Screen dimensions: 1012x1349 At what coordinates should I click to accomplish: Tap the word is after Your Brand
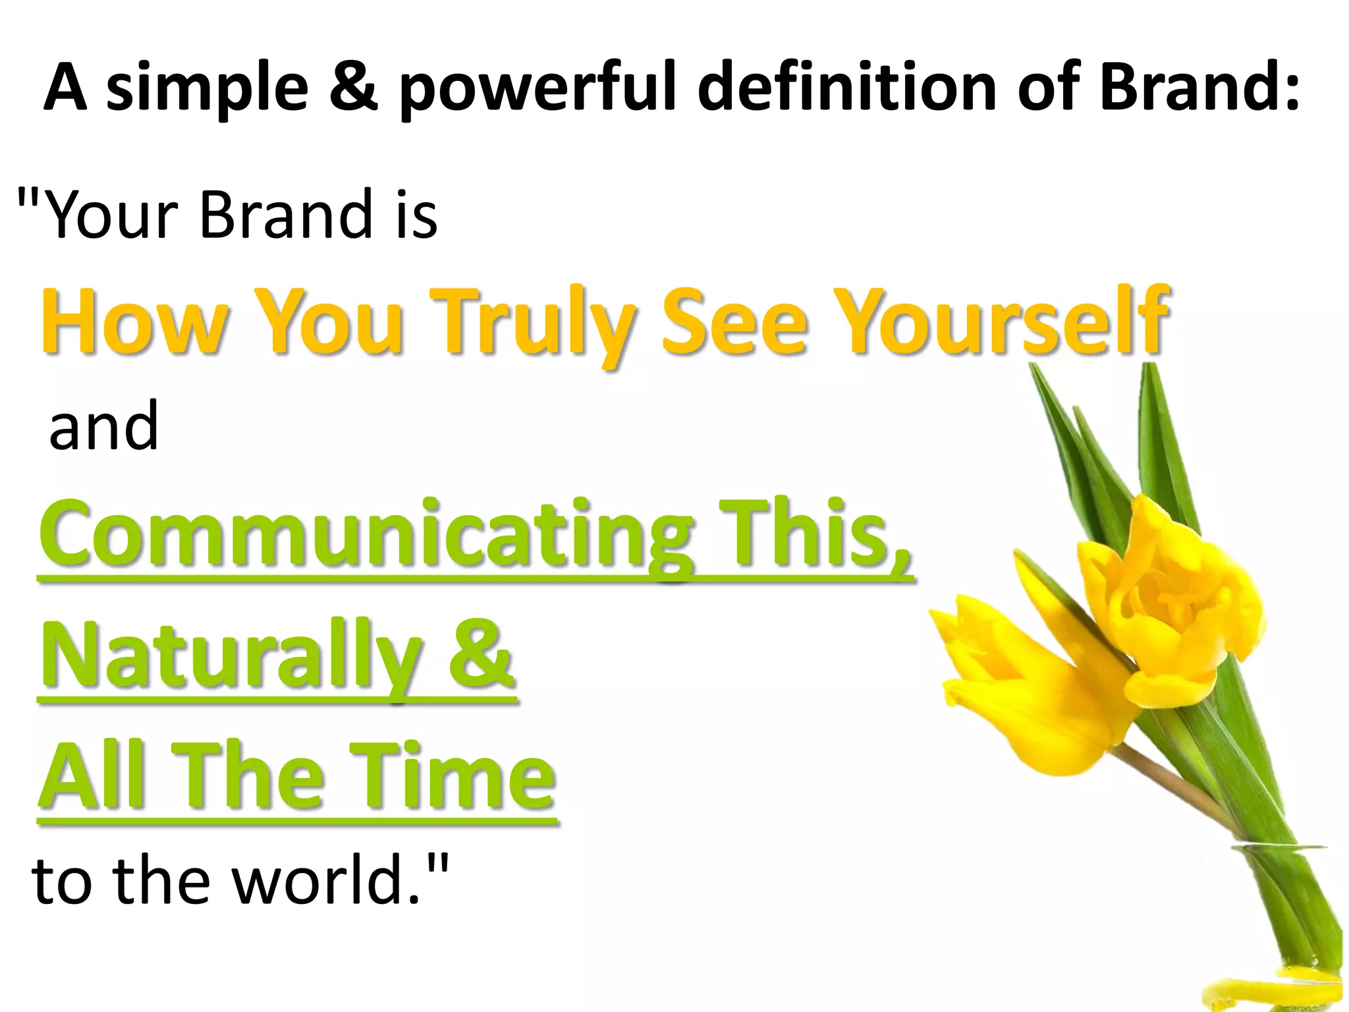[x=416, y=214]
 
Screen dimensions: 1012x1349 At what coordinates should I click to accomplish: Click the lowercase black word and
[x=104, y=426]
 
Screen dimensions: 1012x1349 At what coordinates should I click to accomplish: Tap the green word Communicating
[x=366, y=535]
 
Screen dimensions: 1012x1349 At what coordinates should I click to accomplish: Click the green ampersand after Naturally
[x=480, y=654]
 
